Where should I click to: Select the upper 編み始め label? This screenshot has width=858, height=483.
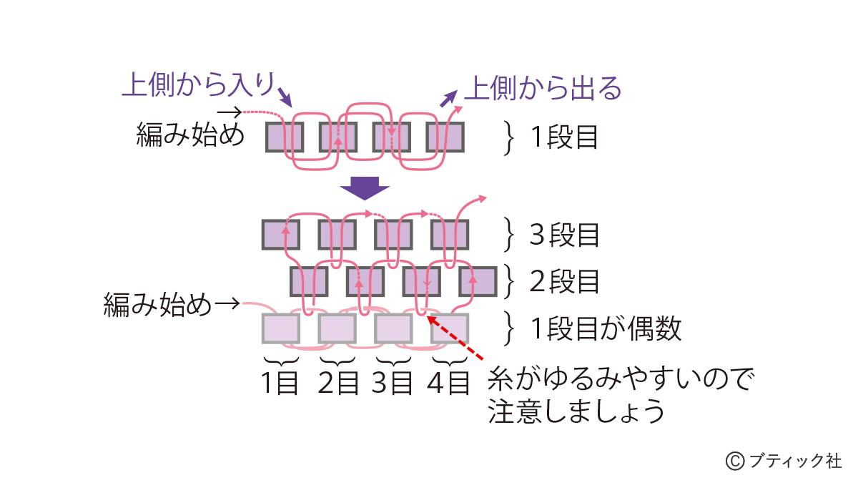(190, 135)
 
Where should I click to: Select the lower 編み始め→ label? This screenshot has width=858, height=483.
(170, 305)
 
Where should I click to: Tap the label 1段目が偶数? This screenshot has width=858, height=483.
(605, 328)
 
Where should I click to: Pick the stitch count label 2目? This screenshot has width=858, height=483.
(337, 384)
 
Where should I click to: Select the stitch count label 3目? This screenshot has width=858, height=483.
(393, 384)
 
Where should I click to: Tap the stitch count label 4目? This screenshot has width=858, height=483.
(448, 384)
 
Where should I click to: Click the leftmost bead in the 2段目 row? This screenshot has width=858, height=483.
(308, 281)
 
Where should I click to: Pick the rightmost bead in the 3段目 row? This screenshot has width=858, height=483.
(450, 235)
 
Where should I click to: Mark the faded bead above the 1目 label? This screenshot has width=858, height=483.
(280, 328)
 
